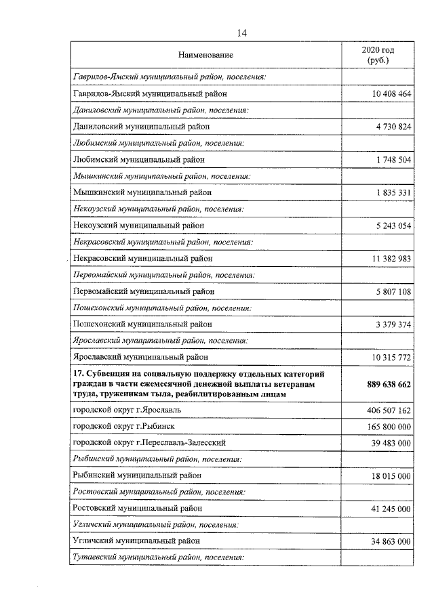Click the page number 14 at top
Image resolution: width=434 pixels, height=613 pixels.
coord(241,33)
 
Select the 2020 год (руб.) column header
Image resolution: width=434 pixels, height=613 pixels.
coord(378,55)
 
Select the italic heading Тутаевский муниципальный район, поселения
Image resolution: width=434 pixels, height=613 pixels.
coord(157,557)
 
